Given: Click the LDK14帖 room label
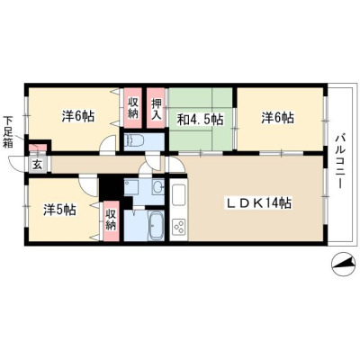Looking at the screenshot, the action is pyautogui.click(x=258, y=204).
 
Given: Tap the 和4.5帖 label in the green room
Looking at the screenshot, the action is pyautogui.click(x=200, y=120).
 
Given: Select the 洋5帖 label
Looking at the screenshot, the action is pyautogui.click(x=59, y=210).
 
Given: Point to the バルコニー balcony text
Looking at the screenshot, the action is pyautogui.click(x=339, y=162).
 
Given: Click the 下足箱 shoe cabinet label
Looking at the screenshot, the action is pyautogui.click(x=8, y=131).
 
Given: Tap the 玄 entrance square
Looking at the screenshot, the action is pyautogui.click(x=38, y=165).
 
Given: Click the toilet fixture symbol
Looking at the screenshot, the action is pyautogui.click(x=135, y=140).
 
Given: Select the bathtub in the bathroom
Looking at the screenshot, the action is pyautogui.click(x=156, y=226).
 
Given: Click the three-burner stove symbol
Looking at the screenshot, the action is pyautogui.click(x=179, y=228).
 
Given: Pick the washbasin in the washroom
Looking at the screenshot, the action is pyautogui.click(x=158, y=188).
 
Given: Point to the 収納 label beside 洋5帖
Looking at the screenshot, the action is pyautogui.click(x=111, y=220).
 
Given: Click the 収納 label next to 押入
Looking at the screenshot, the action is pyautogui.click(x=133, y=108).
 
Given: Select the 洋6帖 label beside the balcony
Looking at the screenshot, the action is pyautogui.click(x=277, y=117).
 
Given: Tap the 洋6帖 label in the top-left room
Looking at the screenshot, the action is pyautogui.click(x=78, y=116).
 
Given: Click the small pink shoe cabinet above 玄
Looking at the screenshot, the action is pyautogui.click(x=38, y=148).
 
